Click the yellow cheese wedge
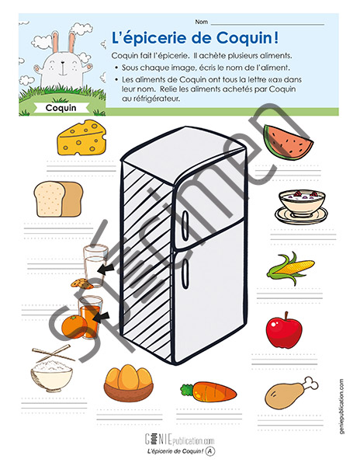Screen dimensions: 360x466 [x=81, y=137]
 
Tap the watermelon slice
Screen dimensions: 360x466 [x=287, y=142]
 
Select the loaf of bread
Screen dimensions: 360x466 [x=58, y=199]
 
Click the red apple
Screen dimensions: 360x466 [x=284, y=330]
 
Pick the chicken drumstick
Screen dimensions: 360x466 [x=291, y=393]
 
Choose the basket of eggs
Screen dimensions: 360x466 [x=129, y=384]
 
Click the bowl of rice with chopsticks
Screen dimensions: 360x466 [x=52, y=369]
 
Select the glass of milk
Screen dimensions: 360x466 [x=95, y=265]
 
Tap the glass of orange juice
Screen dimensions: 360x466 [x=90, y=317]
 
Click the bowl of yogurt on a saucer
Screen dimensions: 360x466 [x=301, y=207]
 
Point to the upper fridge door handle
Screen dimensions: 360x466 [x=185, y=225]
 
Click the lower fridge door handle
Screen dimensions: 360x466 [x=185, y=273]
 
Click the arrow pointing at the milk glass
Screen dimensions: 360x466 [x=106, y=270]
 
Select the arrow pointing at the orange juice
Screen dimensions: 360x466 [x=100, y=317]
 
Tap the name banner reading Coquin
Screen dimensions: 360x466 [x=61, y=108]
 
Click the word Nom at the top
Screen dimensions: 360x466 [x=201, y=22]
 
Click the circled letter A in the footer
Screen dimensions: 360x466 [x=209, y=451]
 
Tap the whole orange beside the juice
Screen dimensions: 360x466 [x=73, y=327]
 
